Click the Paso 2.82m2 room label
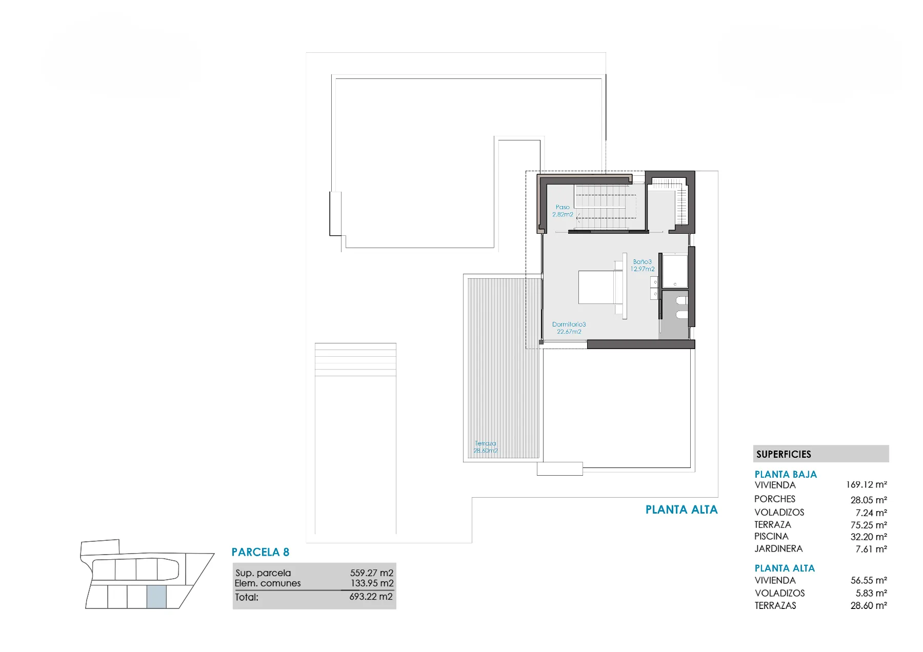(563, 211)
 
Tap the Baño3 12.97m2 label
(643, 265)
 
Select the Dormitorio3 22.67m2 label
(569, 328)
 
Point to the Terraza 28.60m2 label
(485, 447)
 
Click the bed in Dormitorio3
(600, 287)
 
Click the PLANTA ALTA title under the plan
(681, 510)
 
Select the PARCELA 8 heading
(260, 552)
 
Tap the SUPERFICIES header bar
(821, 454)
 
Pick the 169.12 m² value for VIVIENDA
(867, 484)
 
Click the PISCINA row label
(771, 536)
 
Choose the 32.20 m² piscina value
(869, 537)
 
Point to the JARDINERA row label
(778, 548)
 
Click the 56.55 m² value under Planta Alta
(869, 580)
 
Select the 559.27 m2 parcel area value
(372, 573)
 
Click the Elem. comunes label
(268, 583)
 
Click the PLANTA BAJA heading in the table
(786, 474)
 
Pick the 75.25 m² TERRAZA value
(869, 525)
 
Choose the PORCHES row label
(775, 499)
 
